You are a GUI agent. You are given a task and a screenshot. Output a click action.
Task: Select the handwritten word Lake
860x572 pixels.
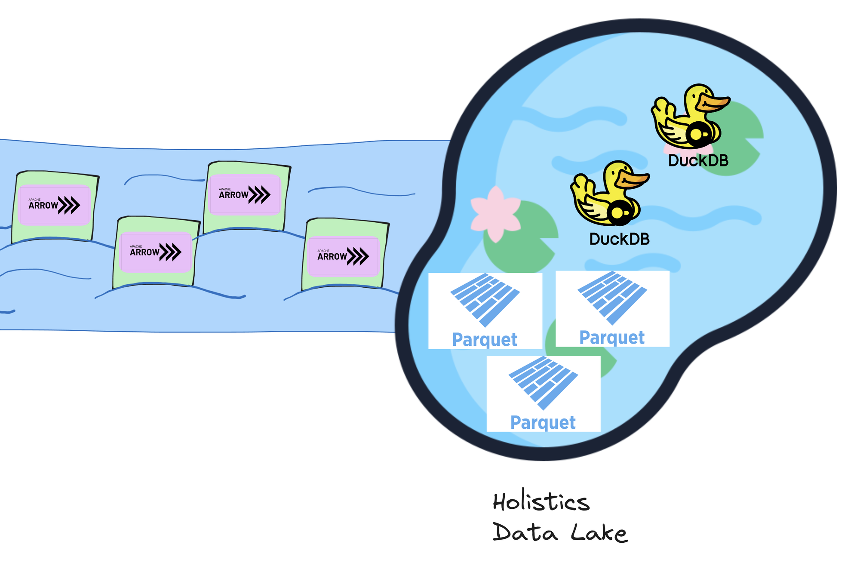(x=599, y=533)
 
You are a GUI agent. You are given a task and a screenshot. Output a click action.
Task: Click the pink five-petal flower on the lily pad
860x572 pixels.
(x=495, y=213)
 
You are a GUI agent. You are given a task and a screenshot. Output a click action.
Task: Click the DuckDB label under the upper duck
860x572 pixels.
(x=698, y=161)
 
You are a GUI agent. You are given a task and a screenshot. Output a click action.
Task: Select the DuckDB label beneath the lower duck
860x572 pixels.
(x=619, y=239)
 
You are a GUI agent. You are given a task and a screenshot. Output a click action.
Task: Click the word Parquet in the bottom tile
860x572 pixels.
(x=543, y=422)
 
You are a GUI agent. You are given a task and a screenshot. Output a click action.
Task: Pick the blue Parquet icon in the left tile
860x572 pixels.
(x=485, y=299)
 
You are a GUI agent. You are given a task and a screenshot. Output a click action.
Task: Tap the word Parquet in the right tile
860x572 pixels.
(x=612, y=338)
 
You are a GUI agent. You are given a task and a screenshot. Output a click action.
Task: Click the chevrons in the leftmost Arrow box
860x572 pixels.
(x=69, y=205)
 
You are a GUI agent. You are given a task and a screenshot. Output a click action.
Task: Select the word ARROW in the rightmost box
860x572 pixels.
(x=332, y=257)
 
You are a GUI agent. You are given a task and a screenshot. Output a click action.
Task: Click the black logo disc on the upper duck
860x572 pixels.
(x=697, y=134)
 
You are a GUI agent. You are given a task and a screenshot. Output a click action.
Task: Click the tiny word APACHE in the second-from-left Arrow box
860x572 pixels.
(x=136, y=246)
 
